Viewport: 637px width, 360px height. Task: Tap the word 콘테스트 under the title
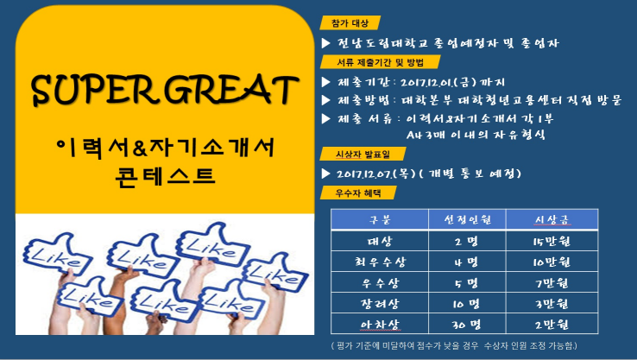[x=164, y=180]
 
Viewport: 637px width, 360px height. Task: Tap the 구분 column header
[x=381, y=220]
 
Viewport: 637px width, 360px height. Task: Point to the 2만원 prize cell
[x=552, y=324]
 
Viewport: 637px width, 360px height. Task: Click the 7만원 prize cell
[x=552, y=282]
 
